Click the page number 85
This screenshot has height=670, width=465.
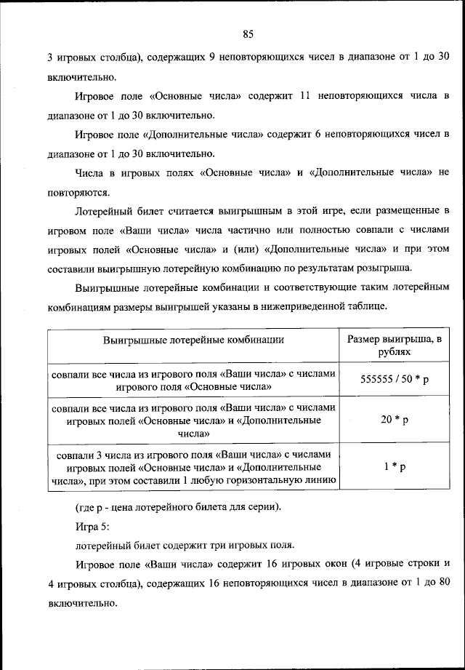pyautogui.click(x=247, y=33)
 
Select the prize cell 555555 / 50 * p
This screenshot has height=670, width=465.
pyautogui.click(x=395, y=380)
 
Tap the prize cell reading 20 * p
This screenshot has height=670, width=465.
pyautogui.click(x=395, y=420)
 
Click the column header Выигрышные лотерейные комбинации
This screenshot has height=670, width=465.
pyautogui.click(x=193, y=339)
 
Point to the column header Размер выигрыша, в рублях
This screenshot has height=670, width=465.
pyautogui.click(x=395, y=346)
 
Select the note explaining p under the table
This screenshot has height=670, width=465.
pyautogui.click(x=177, y=506)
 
